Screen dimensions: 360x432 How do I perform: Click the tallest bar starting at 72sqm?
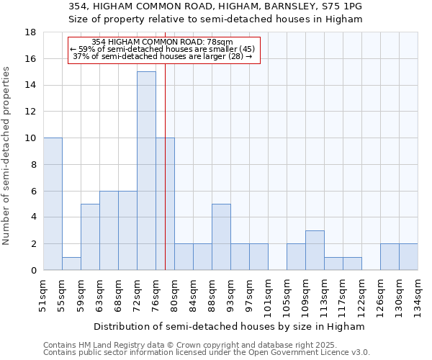146,171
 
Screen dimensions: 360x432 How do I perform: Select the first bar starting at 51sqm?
53,204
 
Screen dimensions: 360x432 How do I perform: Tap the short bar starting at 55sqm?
71,264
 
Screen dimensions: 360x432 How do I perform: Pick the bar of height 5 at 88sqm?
221,237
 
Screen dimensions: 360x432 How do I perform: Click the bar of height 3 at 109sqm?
315,250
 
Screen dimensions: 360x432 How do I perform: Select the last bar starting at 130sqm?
408,257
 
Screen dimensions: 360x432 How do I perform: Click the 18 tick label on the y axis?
31,32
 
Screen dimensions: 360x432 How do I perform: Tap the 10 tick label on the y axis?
31,138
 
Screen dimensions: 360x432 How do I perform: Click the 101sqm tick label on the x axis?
268,296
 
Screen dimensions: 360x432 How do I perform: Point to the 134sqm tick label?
418,296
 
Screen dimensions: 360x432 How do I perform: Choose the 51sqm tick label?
43,294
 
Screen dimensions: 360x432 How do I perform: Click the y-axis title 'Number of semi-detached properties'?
7,156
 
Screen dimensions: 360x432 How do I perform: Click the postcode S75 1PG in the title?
339,6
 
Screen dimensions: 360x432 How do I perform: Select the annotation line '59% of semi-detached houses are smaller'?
163,49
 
